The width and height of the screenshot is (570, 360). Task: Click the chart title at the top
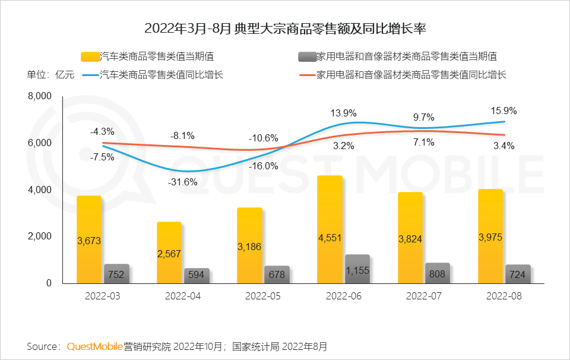pos(285,29)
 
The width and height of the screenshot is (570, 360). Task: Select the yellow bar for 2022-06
pos(330,229)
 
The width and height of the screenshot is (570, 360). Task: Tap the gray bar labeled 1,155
pos(357,269)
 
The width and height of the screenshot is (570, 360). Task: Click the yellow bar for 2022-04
pos(169,252)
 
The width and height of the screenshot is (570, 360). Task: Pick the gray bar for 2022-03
pos(116,274)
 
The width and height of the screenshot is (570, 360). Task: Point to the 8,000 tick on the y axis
pos(40,96)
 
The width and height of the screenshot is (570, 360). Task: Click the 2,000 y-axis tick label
pos(40,236)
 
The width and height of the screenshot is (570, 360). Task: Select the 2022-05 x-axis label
pos(263,296)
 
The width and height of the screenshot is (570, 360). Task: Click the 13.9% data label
pos(343,113)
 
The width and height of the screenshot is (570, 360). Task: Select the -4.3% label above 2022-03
pos(102,131)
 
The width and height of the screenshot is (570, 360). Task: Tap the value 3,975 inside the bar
pos(490,237)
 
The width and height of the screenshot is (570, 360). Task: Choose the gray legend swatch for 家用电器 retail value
pos(306,57)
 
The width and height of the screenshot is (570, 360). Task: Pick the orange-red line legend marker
pos(306,75)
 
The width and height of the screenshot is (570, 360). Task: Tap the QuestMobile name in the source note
pos(95,346)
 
